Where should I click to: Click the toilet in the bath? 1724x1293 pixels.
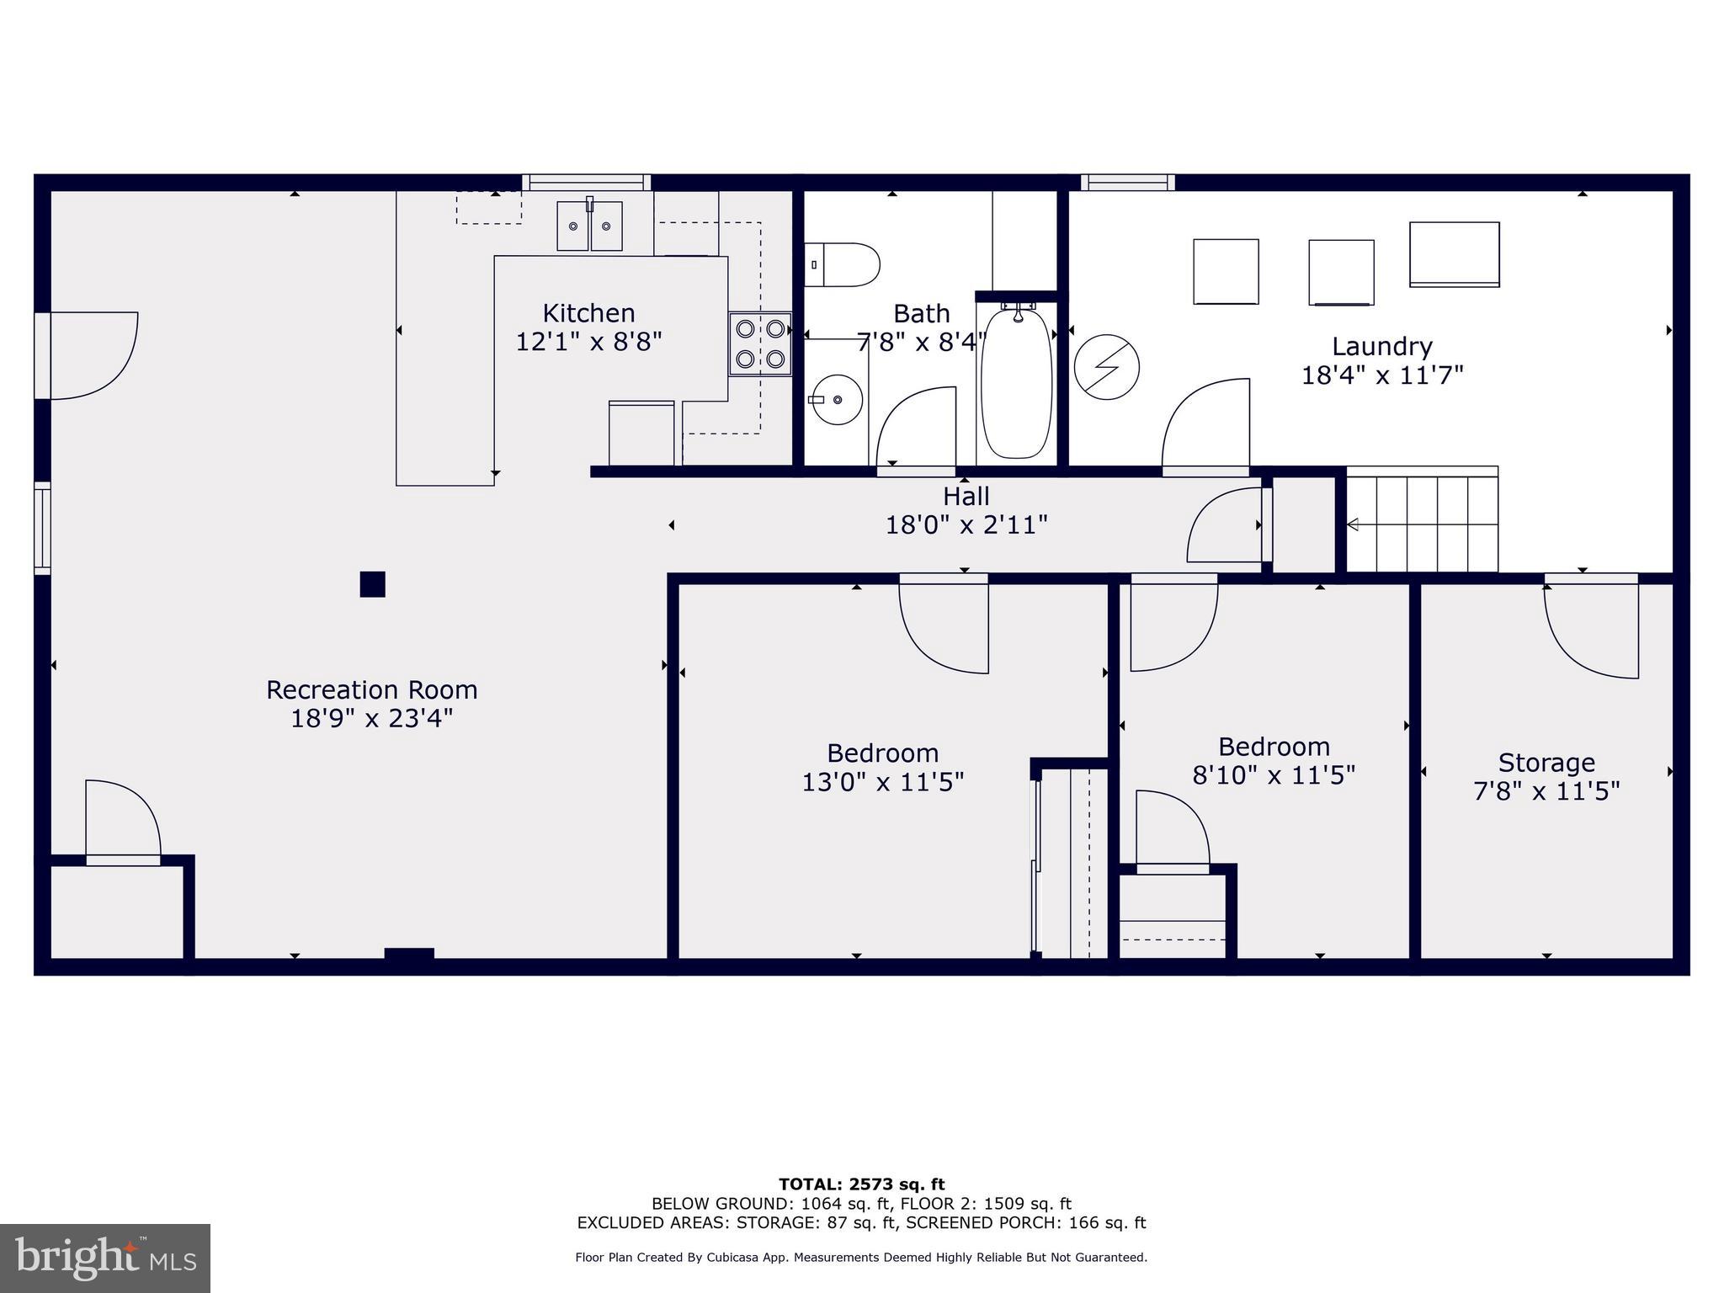point(843,264)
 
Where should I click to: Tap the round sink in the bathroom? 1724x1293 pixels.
point(836,400)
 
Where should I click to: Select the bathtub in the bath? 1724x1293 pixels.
point(1017,384)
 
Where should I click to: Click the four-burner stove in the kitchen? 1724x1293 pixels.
point(760,343)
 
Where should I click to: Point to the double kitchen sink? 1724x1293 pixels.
point(589,226)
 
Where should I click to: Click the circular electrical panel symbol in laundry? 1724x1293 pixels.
point(1107,367)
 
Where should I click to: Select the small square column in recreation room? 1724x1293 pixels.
point(372,584)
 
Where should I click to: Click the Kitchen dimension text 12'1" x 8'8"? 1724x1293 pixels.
point(588,342)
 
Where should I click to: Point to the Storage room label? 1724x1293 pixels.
point(1546,763)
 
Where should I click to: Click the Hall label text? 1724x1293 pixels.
point(966,496)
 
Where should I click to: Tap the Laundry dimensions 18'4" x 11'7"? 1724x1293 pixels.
point(1382,375)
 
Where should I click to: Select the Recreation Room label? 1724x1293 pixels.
point(372,690)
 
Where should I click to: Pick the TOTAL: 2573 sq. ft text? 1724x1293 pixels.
point(861,1184)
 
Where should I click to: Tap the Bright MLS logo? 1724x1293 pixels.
point(105,1258)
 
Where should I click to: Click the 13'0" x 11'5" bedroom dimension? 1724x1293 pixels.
point(882,782)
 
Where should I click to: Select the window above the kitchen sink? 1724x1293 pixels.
point(587,182)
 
